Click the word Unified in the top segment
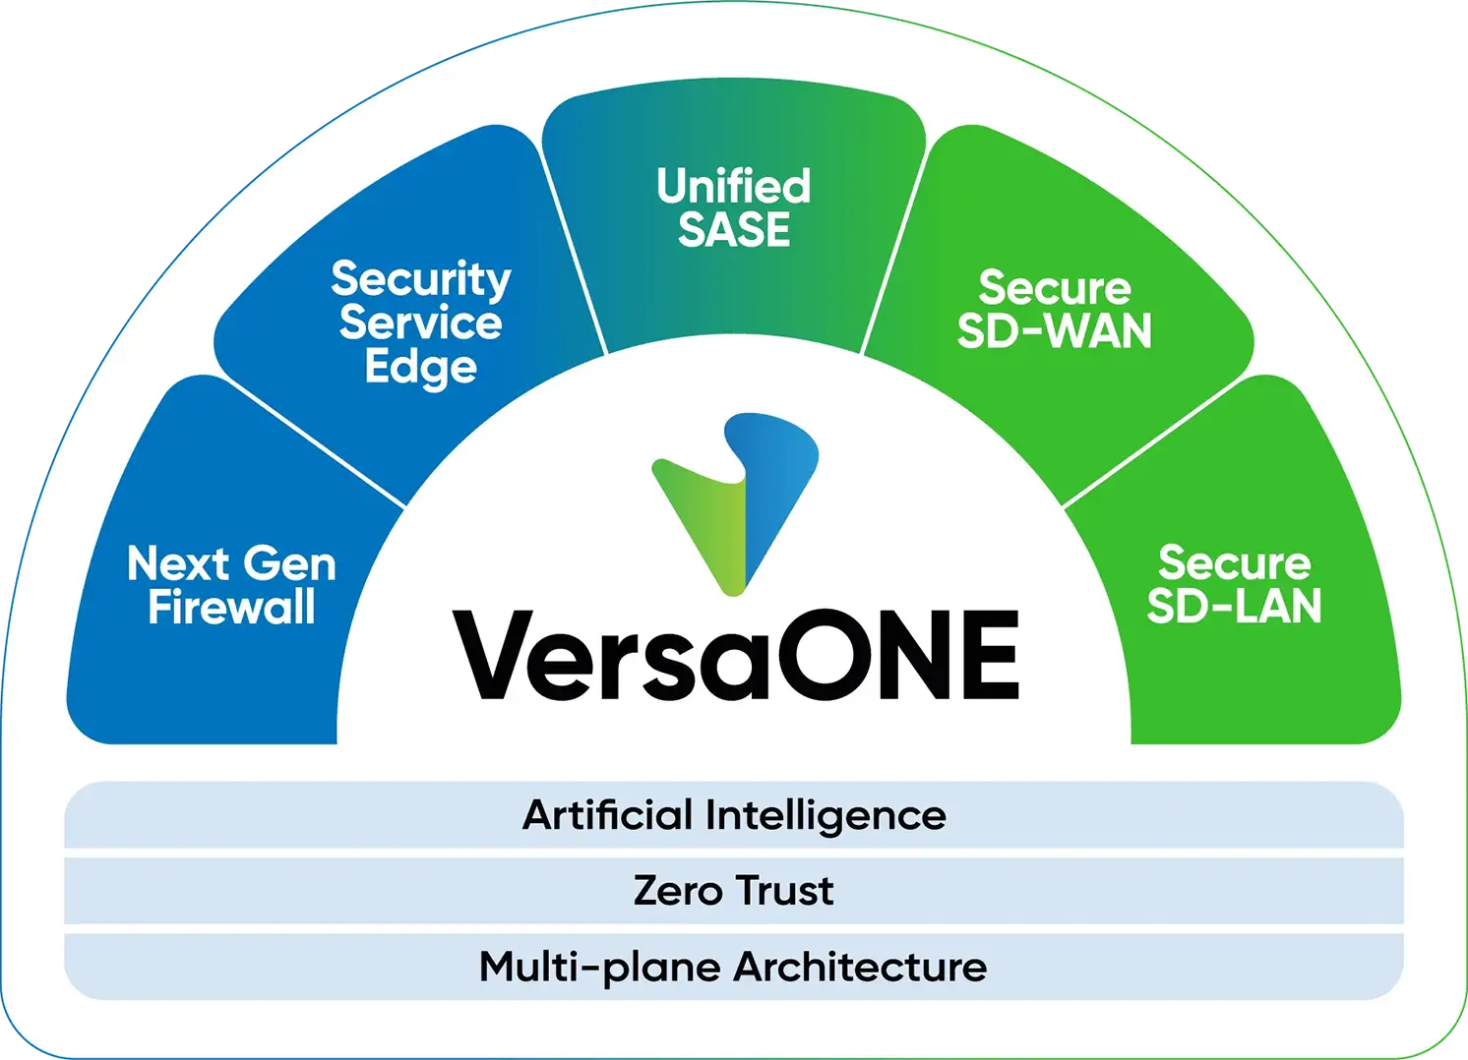pyautogui.click(x=734, y=186)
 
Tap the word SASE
pyautogui.click(x=734, y=230)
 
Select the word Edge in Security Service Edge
pyautogui.click(x=420, y=368)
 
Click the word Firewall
pyautogui.click(x=231, y=607)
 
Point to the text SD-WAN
pyautogui.click(x=1054, y=331)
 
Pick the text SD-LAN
pyautogui.click(x=1234, y=606)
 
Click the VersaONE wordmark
pyautogui.click(x=736, y=656)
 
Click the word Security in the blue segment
pyautogui.click(x=420, y=279)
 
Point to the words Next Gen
pyautogui.click(x=231, y=563)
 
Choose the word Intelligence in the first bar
pyautogui.click(x=826, y=816)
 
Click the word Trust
pyautogui.click(x=784, y=891)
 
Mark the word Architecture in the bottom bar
pyautogui.click(x=860, y=968)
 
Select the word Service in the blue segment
pyautogui.click(x=420, y=324)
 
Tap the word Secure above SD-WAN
pyautogui.click(x=1054, y=288)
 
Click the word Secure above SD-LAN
pyautogui.click(x=1234, y=562)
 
